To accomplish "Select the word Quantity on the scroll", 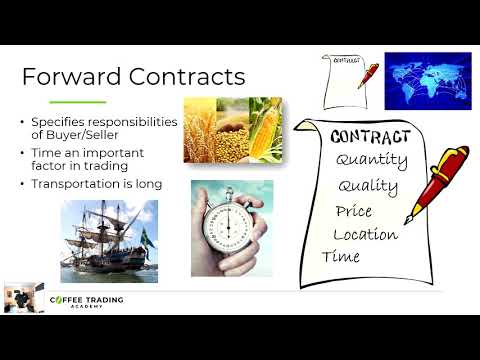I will (x=371, y=160).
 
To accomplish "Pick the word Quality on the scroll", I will (x=368, y=187).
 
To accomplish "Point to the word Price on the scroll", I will (x=354, y=212).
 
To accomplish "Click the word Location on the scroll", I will (x=365, y=236).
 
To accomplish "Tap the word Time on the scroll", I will (x=340, y=258).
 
